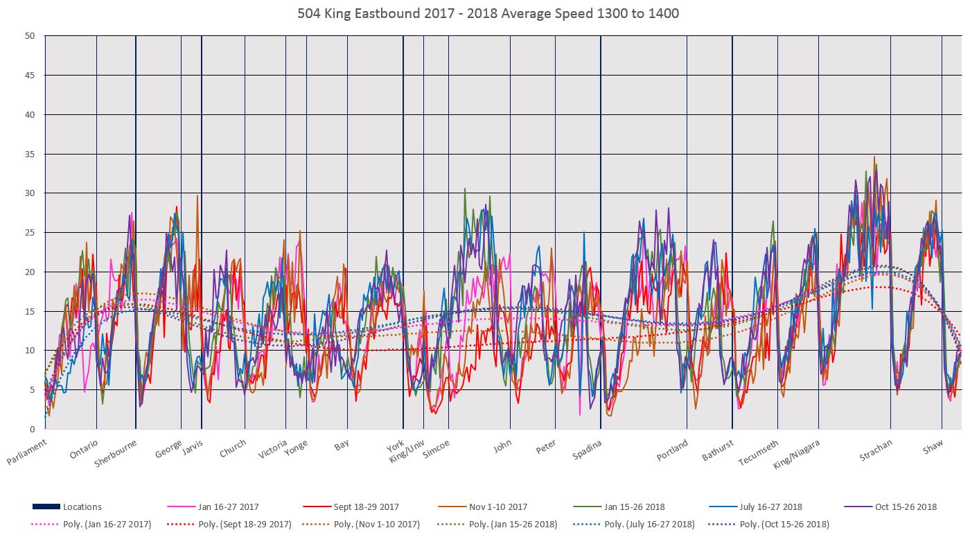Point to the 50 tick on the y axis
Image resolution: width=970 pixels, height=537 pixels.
(x=30, y=36)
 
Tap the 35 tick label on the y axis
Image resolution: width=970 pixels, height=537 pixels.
(x=30, y=154)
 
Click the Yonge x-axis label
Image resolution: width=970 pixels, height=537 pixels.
(x=296, y=447)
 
